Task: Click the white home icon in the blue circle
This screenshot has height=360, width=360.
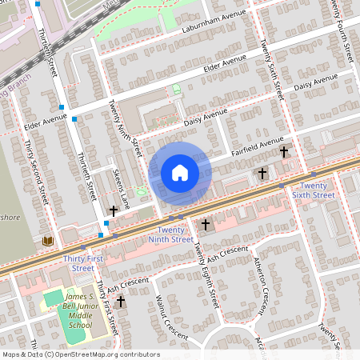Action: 180,172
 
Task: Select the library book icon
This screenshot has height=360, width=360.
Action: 48,241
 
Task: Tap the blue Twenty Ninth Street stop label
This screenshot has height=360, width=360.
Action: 171,234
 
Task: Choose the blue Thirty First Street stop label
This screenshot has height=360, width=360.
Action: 83,263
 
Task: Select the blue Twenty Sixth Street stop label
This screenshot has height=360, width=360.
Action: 312,190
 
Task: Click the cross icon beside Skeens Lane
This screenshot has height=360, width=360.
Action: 114,211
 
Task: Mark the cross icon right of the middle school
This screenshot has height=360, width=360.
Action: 121,302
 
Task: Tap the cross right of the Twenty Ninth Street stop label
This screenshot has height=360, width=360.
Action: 206,226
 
